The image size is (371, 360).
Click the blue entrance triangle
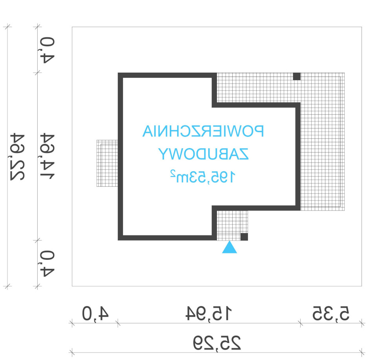coord(230,248)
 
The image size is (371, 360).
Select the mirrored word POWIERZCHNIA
coord(203,131)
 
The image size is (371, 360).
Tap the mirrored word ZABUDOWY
coord(203,154)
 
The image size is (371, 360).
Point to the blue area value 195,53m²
coord(203,176)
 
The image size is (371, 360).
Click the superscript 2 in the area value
coord(173,173)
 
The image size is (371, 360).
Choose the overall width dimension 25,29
coord(217,343)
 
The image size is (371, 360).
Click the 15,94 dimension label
coord(209,313)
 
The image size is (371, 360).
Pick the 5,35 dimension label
coord(331,313)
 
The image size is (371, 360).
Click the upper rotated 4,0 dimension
coord(47,50)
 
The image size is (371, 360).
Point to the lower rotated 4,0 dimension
coord(47,263)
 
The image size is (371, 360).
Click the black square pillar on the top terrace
coord(297,77)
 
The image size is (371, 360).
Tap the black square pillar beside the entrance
coord(244,237)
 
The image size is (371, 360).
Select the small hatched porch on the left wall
coord(107,163)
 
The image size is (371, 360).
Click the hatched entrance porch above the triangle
coord(232,226)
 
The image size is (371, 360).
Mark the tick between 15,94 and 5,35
coord(300,323)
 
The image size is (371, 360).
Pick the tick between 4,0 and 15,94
coord(118,323)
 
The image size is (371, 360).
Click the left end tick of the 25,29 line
coord(72,353)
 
